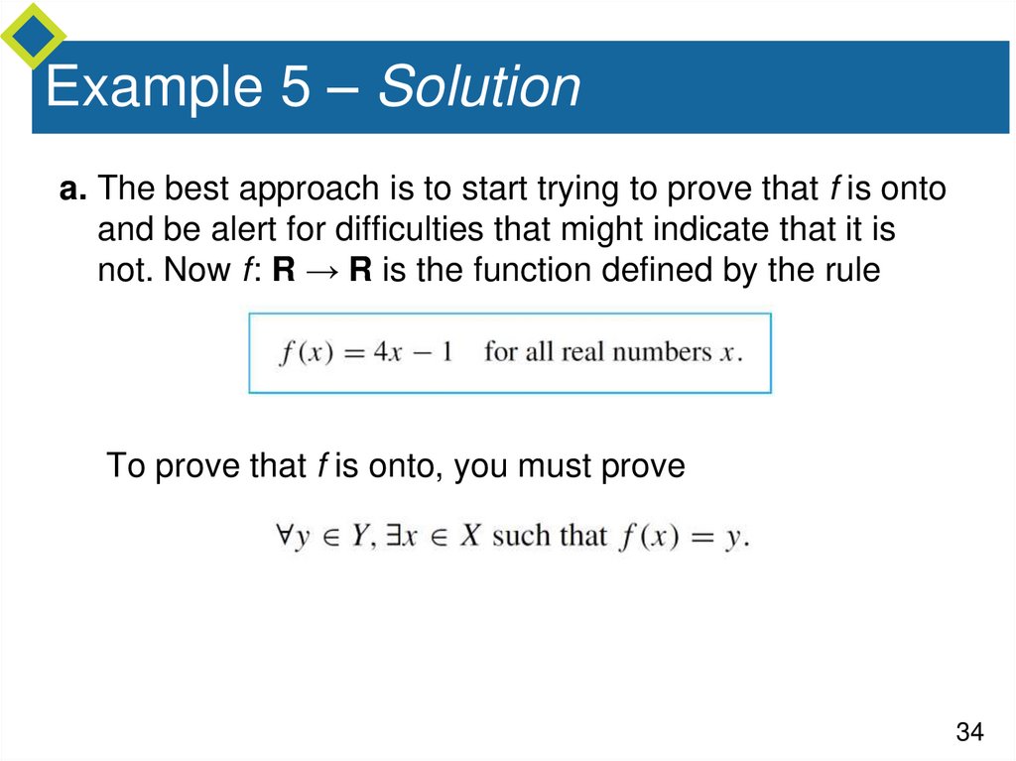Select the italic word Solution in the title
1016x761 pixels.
point(479,87)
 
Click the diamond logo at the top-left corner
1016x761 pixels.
point(32,32)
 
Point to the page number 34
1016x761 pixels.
point(969,732)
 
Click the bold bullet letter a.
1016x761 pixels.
point(72,189)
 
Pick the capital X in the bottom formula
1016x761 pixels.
point(470,536)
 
